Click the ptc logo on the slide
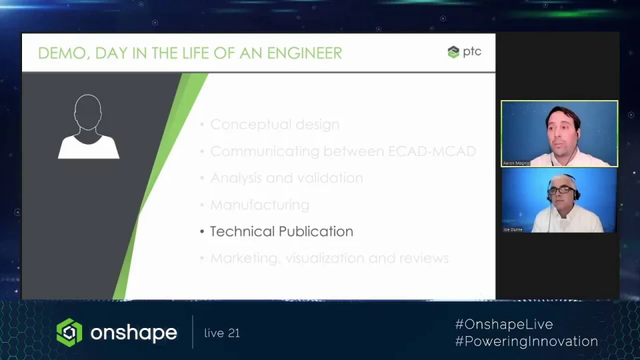point(464,52)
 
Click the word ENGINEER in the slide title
point(305,53)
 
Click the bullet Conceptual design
point(275,125)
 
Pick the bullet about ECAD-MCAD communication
point(343,151)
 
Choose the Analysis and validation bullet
point(286,178)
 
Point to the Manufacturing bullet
point(259,205)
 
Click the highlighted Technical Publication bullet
point(281,231)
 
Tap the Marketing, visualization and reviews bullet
point(329,258)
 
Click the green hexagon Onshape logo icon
point(69,333)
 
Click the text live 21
point(222,333)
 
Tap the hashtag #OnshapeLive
point(504,325)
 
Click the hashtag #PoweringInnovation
point(526,341)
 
